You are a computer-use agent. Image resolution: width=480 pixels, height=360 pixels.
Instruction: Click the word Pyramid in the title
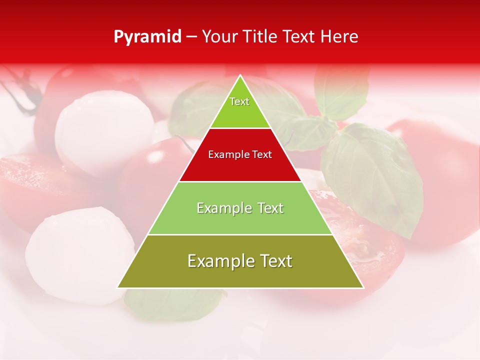pos(147,37)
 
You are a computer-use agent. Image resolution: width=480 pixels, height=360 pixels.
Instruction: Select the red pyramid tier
pos(240,165)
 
